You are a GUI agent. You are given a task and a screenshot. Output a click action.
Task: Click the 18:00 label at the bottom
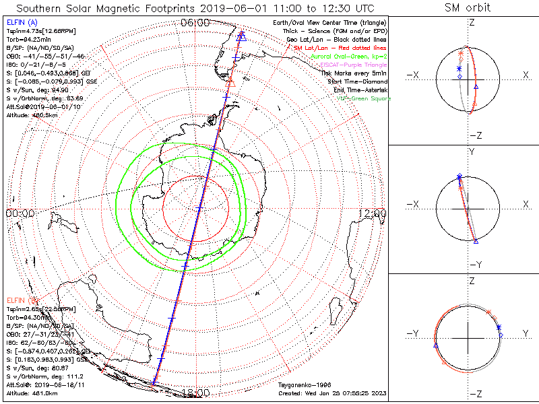pos(195,393)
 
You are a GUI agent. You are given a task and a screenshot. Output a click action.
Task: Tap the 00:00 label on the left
pos(20,213)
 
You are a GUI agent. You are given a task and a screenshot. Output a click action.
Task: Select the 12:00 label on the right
pos(373,213)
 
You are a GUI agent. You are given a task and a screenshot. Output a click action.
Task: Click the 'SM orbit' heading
pos(468,8)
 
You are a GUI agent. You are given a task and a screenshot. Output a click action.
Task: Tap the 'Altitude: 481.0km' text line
pos(32,393)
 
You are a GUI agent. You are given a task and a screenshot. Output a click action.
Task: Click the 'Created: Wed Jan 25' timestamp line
pos(333,393)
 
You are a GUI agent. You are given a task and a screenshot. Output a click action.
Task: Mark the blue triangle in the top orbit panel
pos(476,87)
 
